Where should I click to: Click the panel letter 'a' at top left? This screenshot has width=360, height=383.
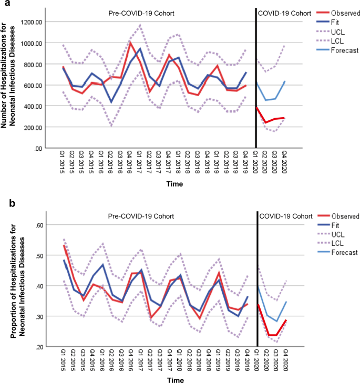click(x=4, y=4)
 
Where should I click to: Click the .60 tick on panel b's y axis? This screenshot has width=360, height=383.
click(x=40, y=225)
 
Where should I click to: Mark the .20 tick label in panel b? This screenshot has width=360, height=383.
click(x=40, y=347)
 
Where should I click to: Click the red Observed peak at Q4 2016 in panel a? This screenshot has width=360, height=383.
click(x=130, y=43)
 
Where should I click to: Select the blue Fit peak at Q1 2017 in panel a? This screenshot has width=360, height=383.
click(x=140, y=48)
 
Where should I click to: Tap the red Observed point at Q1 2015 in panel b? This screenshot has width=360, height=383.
click(x=64, y=245)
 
